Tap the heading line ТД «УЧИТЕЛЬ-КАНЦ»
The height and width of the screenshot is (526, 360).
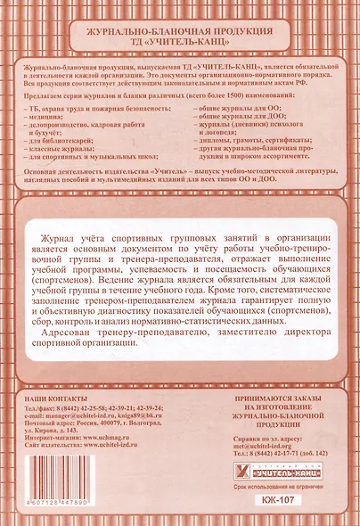[179, 42]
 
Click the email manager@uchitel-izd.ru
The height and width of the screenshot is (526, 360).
[81, 415]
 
